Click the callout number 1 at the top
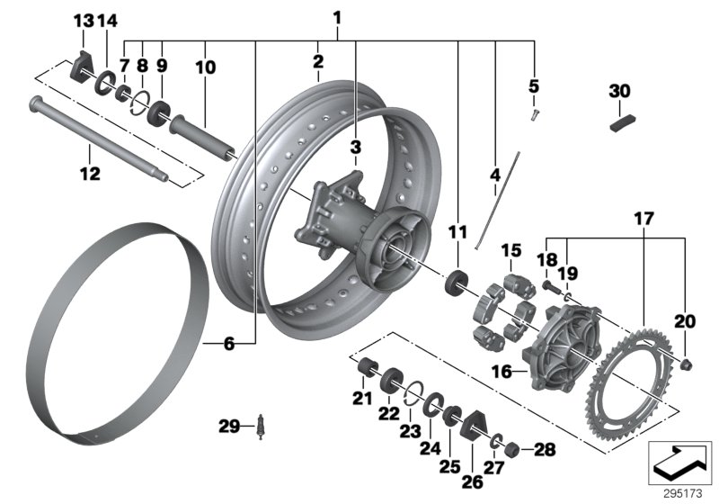[337, 16]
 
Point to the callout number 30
[620, 91]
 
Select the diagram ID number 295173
[680, 494]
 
